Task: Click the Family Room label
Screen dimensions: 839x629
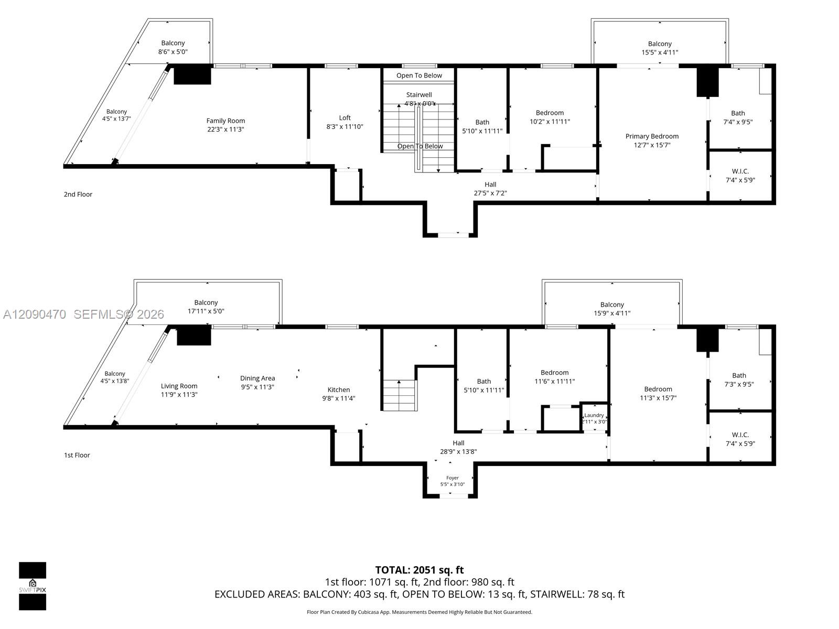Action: pos(225,121)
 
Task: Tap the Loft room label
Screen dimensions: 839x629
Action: pos(345,117)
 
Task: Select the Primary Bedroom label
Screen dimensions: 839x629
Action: pos(652,136)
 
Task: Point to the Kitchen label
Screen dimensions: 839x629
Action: pos(339,389)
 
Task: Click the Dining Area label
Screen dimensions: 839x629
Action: pos(257,378)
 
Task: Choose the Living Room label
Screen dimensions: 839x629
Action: pos(179,386)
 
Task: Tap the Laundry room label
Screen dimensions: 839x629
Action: pos(594,415)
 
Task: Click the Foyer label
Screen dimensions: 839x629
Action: pos(452,478)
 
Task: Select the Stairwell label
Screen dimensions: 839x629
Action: pos(419,95)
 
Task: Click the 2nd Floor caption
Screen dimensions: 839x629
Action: pos(78,194)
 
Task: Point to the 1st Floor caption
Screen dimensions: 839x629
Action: pos(77,455)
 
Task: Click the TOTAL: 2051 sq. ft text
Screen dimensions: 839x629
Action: pos(419,570)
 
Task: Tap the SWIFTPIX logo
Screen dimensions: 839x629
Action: pos(33,586)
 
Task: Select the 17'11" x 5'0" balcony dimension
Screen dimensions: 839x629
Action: pos(206,311)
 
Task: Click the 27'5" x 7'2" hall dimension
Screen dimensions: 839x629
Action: pos(490,193)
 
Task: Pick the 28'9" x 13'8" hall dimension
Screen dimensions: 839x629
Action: pos(458,451)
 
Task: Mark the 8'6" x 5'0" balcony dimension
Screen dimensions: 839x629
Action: pos(173,51)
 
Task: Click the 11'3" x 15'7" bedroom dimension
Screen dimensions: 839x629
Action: pos(658,397)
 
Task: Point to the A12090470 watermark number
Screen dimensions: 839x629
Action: pos(35,314)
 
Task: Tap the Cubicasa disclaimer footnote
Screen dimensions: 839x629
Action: pos(419,612)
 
